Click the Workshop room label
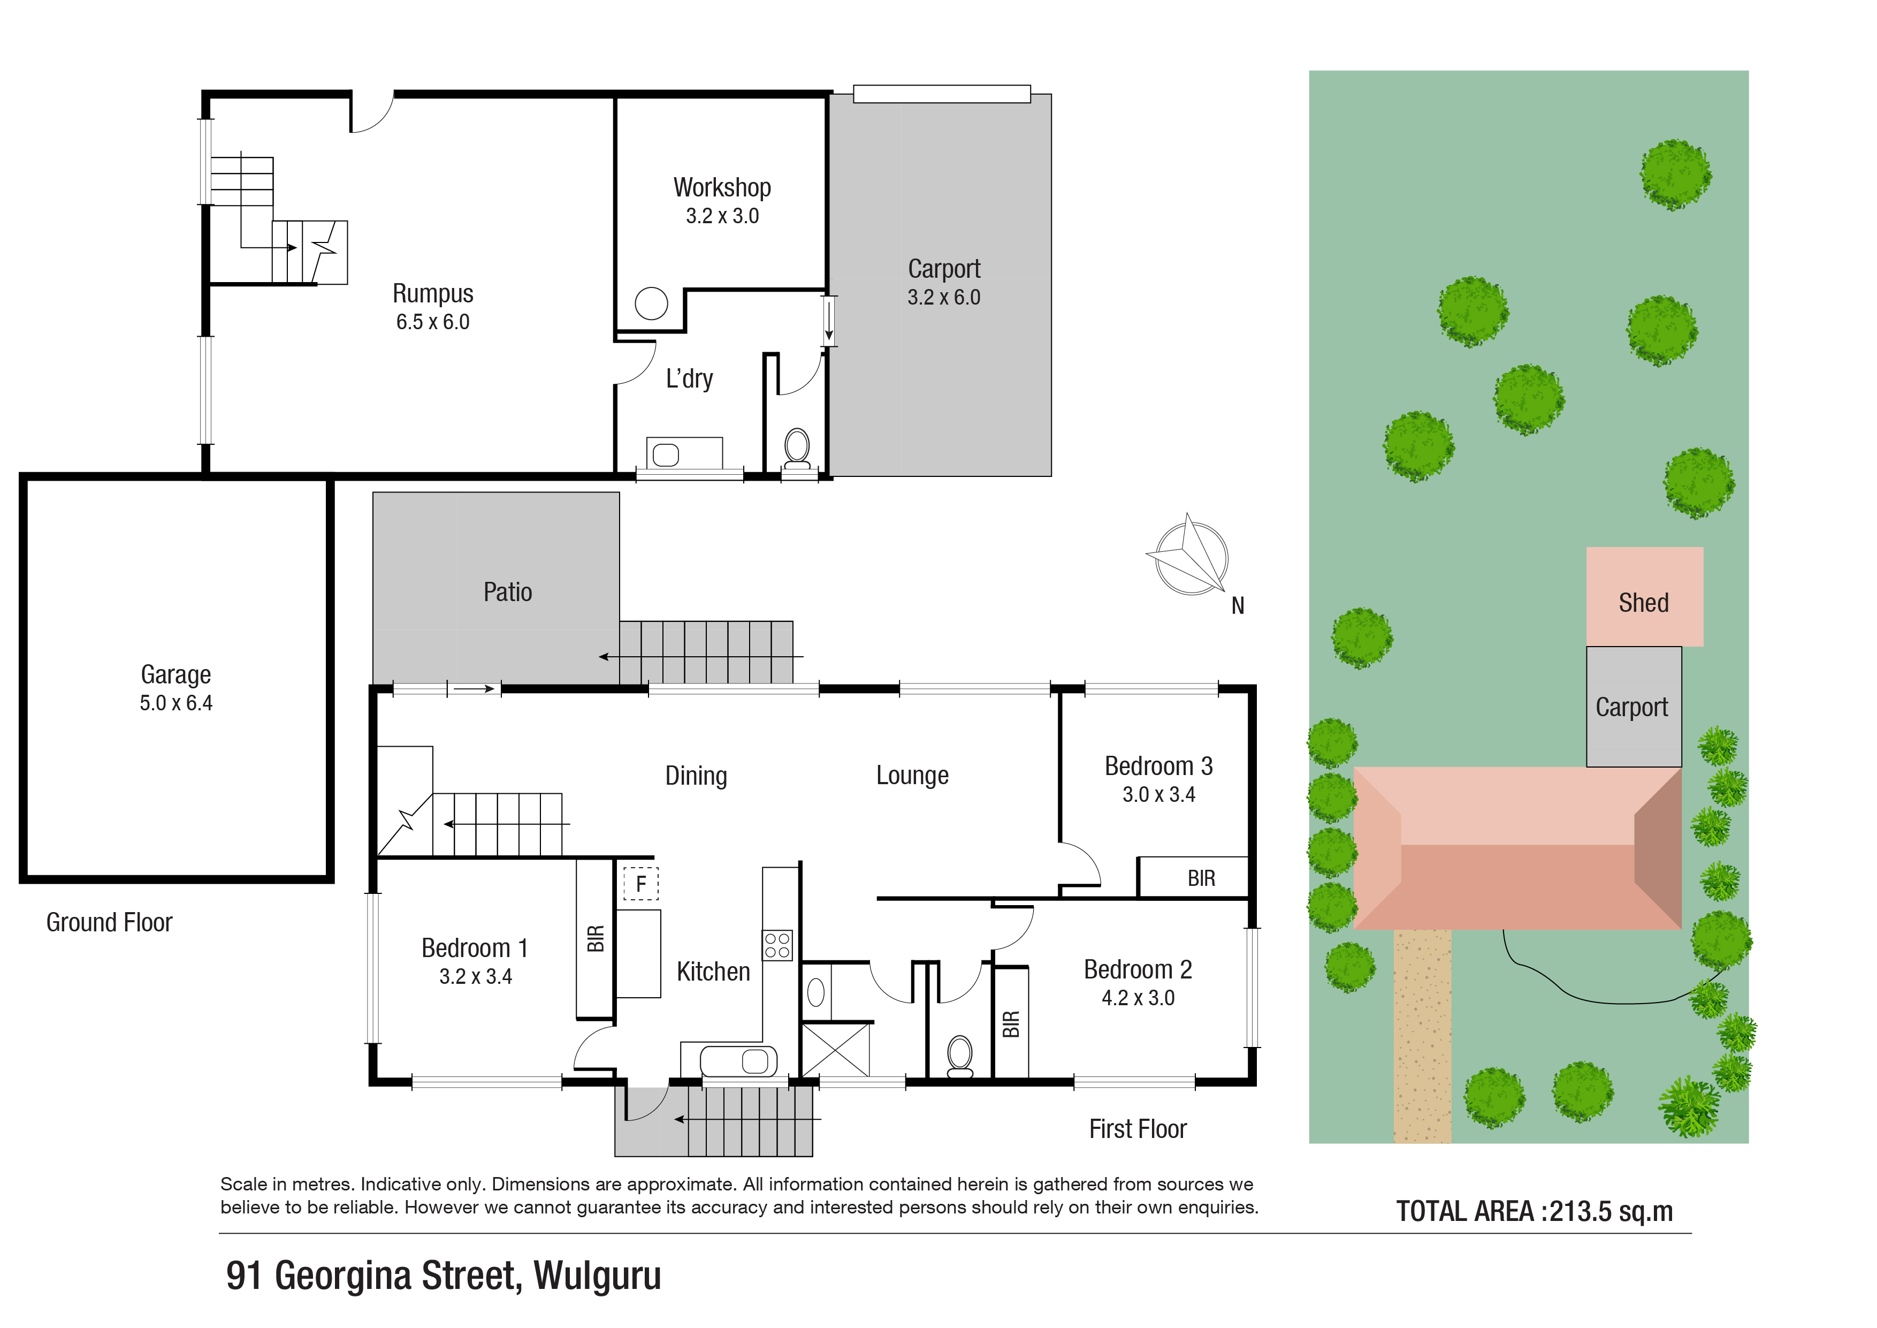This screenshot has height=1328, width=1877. point(722,188)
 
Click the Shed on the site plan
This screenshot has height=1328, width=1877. point(1645,597)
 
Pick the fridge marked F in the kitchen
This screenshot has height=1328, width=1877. point(641,883)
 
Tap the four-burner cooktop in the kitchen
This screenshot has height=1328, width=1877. point(777,945)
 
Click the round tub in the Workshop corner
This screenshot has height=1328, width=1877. point(652,304)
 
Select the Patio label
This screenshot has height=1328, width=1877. point(508,592)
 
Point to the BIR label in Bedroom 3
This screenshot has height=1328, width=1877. point(1201,879)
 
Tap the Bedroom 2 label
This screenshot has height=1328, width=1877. point(1138,970)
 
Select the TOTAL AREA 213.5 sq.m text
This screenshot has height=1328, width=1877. point(1535,1211)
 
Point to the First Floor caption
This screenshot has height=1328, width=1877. point(1138,1129)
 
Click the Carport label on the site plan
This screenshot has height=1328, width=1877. point(1632,707)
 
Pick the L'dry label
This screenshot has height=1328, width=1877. point(689,378)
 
